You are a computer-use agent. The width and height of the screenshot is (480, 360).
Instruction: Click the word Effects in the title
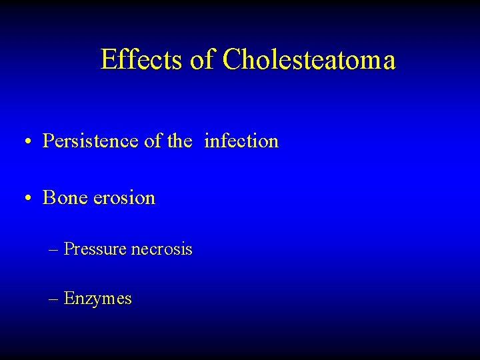[141, 59]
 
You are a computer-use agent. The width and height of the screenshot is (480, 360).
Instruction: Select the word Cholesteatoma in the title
[309, 59]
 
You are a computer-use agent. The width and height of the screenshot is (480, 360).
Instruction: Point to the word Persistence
[87, 141]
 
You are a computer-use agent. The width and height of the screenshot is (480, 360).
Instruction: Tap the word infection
[241, 141]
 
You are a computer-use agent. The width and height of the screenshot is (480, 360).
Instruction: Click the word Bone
[63, 198]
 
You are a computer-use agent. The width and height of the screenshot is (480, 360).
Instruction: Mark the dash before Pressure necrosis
[53, 249]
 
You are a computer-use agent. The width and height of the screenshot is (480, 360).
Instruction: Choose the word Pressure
[95, 249]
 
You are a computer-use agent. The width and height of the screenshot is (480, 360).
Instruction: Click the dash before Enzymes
[53, 299]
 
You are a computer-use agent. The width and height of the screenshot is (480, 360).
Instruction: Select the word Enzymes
[98, 299]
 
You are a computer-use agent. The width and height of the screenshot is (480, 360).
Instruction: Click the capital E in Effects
[107, 59]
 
